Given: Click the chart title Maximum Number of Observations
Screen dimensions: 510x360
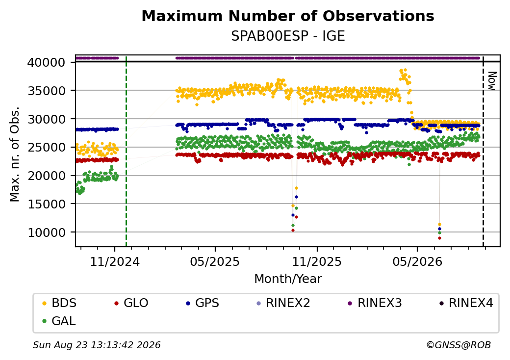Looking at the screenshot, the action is coord(288,16).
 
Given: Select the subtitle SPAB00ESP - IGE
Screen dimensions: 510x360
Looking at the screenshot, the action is coord(288,36).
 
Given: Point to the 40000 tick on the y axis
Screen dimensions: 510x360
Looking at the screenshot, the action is coord(47,62).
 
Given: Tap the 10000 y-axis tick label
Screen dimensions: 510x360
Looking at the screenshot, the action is coord(47,232).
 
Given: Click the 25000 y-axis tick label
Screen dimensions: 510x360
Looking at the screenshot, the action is coord(47,147).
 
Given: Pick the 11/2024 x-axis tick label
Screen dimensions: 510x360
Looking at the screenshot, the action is coord(114,262).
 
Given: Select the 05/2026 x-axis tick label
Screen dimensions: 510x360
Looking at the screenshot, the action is coord(417,262).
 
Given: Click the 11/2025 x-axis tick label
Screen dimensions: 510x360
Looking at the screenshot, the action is coord(317,262).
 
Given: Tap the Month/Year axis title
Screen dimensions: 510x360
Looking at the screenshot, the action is coord(288,279).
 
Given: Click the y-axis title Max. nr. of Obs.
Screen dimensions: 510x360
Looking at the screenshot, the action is coord(15,154).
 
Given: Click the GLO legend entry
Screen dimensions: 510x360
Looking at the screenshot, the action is coord(131,303).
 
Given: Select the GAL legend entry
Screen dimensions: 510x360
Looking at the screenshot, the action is coord(59,321).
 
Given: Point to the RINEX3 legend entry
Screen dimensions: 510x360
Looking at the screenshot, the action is coord(375,303).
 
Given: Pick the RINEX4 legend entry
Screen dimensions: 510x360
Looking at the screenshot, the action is coord(466,303).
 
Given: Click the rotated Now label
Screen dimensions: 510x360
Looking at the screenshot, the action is coord(492,81).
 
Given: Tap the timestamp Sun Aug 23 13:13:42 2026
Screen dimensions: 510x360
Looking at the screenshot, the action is coord(97,345).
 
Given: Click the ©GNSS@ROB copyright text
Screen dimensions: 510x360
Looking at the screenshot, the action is coord(459,345).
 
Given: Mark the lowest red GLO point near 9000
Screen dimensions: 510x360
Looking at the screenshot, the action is coord(439,238).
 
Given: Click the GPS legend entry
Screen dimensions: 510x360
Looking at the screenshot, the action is coord(203,303).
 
